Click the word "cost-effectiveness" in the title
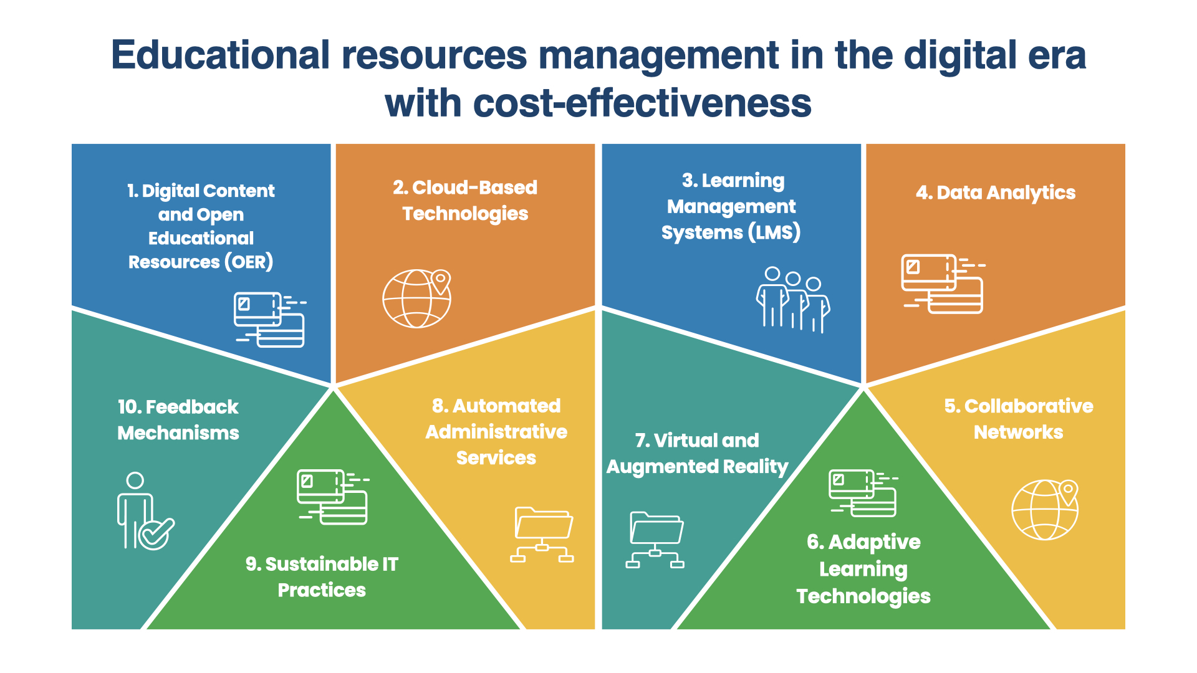[x=642, y=103]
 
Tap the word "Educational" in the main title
[x=221, y=55]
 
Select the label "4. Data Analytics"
[x=996, y=193]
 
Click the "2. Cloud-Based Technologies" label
[x=465, y=201]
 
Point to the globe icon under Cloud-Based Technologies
[x=416, y=298]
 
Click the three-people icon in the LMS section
[x=793, y=300]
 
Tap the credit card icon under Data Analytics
[x=943, y=284]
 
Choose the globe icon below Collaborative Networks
[x=1045, y=509]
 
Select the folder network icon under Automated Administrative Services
[x=542, y=535]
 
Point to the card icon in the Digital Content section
[x=270, y=319]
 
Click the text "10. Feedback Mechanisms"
[x=178, y=420]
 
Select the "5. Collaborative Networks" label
[x=1019, y=419]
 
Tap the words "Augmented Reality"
[x=698, y=467]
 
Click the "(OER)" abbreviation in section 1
[x=248, y=262]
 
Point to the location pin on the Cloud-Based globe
[x=441, y=281]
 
